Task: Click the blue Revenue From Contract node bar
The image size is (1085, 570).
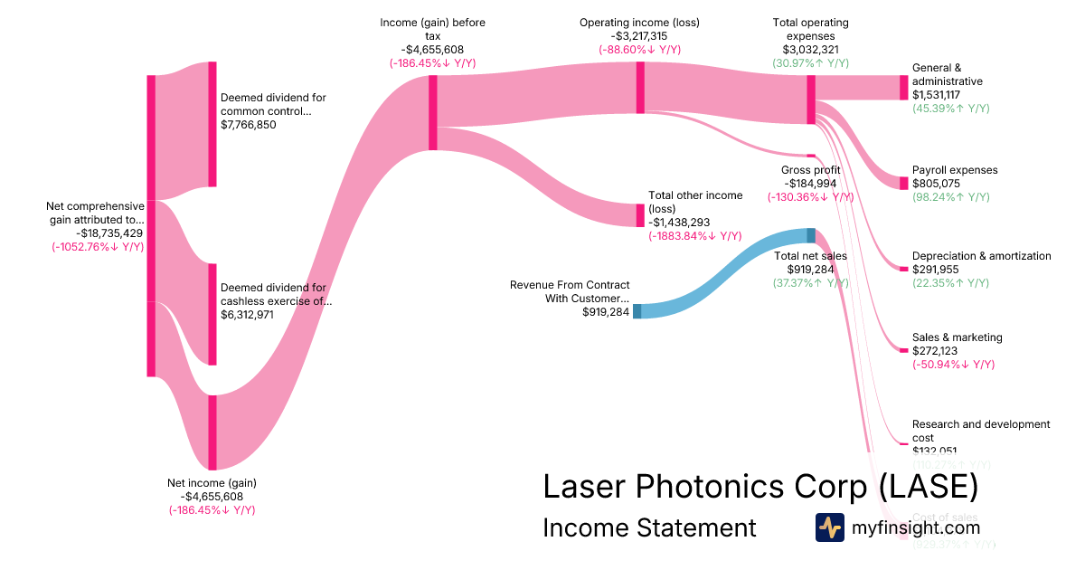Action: point(637,311)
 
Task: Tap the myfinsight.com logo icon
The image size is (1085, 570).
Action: point(829,527)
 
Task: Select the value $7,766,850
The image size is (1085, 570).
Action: point(249,125)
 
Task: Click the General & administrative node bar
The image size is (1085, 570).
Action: point(903,88)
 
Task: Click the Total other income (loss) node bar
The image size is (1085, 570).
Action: point(640,215)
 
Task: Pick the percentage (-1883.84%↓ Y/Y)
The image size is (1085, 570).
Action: point(693,235)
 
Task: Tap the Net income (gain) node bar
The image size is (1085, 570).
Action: point(212,432)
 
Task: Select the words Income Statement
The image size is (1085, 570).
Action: point(649,527)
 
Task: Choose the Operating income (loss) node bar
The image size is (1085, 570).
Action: point(640,87)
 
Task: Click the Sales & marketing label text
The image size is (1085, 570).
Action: point(957,337)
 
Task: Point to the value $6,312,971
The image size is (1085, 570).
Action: point(249,315)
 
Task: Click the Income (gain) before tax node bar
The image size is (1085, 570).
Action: point(433,112)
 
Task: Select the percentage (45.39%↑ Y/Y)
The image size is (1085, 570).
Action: point(951,109)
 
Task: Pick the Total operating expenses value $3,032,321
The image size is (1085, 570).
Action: point(810,50)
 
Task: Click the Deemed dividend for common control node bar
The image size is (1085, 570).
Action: point(212,124)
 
